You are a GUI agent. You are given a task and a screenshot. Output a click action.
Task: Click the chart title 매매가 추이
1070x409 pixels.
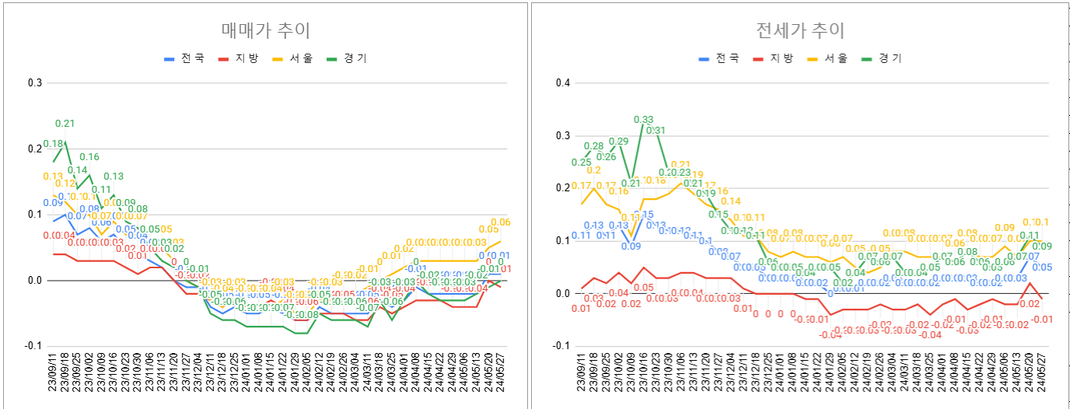[x=266, y=31]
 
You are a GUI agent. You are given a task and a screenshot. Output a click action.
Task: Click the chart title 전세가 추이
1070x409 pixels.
[x=800, y=31]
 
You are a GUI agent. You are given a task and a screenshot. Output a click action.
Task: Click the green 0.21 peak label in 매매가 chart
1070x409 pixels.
[x=65, y=124]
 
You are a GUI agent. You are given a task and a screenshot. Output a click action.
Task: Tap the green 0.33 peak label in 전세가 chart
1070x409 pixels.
[x=643, y=120]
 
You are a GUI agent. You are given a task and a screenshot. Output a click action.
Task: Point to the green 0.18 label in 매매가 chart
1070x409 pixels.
[x=53, y=144]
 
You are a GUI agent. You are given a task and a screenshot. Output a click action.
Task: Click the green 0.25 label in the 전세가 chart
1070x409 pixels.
[x=581, y=163]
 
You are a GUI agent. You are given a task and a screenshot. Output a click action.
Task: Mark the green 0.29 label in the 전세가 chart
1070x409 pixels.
[x=618, y=142]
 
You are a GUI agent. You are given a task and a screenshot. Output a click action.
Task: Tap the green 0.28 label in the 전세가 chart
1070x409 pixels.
[x=593, y=146]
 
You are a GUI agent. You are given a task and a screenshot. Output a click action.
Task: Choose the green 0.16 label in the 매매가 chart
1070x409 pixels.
[x=89, y=157]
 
